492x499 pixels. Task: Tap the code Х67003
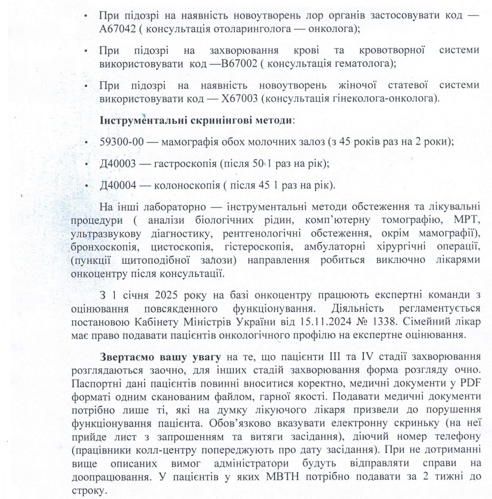point(241,98)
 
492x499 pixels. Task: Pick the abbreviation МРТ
point(468,220)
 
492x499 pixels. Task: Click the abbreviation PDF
point(470,383)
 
